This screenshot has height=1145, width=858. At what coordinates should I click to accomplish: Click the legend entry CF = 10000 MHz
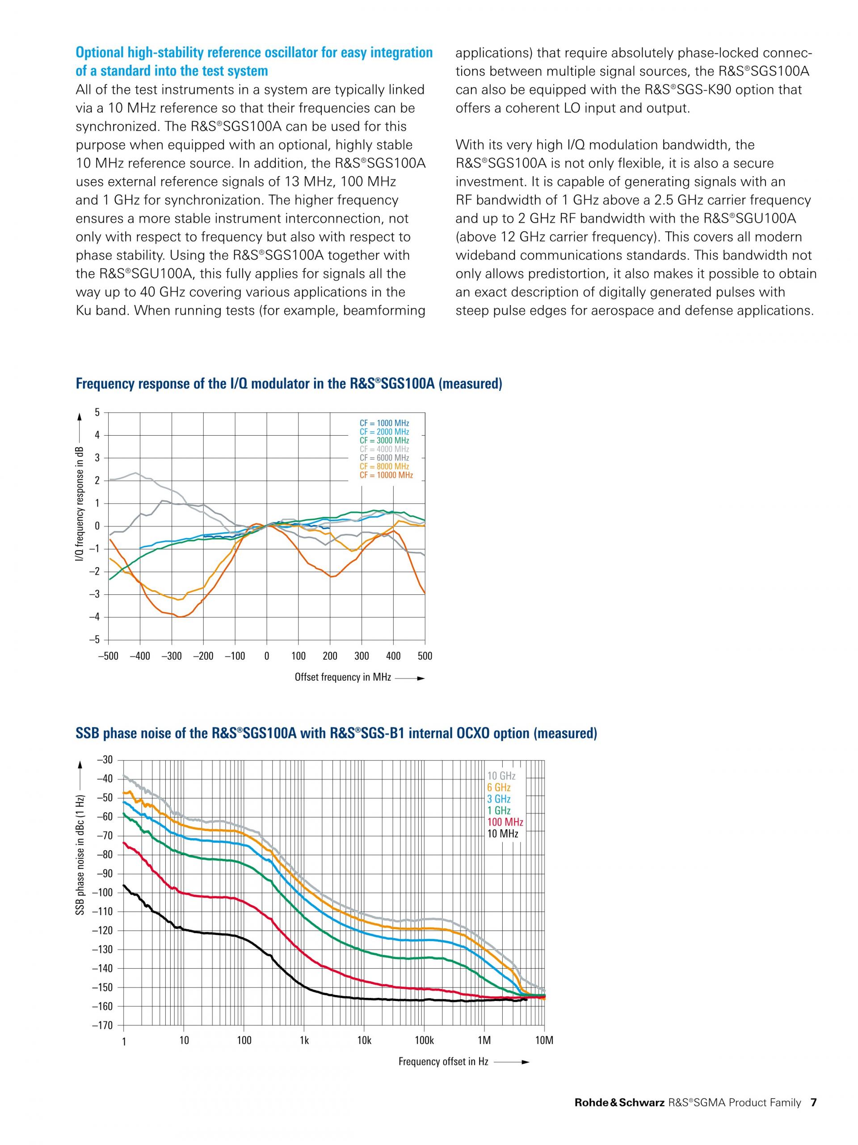(386, 475)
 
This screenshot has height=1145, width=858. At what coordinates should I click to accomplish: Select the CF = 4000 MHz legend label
(384, 449)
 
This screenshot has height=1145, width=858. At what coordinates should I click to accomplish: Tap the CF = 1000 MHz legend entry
(384, 423)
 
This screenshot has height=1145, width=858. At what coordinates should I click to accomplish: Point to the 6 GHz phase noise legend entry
(499, 787)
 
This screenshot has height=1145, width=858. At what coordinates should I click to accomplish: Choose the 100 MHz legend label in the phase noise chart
(505, 822)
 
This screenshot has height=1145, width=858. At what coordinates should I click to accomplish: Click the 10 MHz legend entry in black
(502, 833)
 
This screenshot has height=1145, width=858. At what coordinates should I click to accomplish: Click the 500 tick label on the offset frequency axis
(425, 656)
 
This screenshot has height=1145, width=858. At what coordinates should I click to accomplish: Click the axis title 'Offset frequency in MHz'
(342, 677)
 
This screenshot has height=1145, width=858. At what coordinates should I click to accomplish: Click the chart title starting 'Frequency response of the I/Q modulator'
(289, 384)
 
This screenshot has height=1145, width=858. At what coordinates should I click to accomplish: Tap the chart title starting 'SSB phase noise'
(336, 734)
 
